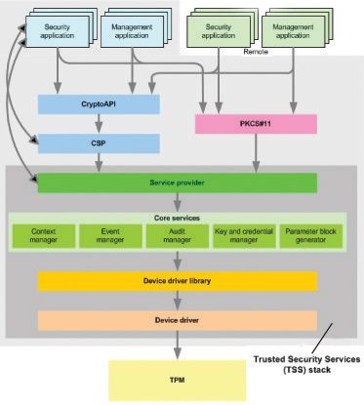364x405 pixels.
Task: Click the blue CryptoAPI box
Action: pos(98,102)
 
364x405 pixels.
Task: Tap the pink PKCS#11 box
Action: pos(256,124)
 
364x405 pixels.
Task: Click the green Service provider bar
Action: pos(177,182)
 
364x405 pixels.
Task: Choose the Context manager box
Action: pos(44,235)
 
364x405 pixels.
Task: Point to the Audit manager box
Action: pos(177,235)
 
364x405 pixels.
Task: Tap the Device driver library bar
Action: pos(177,281)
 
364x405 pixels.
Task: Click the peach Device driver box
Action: pos(177,319)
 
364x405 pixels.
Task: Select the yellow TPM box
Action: pos(177,379)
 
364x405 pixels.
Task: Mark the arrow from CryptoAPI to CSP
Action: pos(98,123)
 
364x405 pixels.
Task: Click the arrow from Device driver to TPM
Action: pos(177,345)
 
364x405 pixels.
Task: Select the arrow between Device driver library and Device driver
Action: pos(177,301)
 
